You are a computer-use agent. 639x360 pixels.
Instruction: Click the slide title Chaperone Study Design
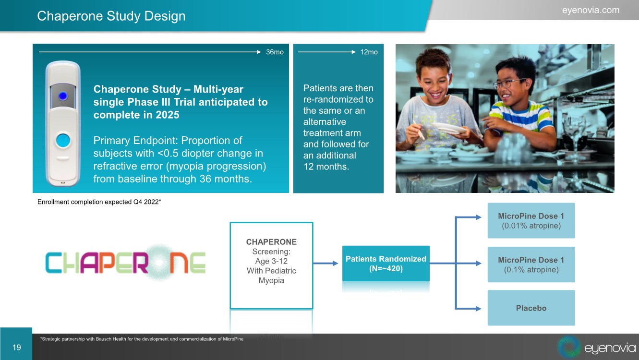click(x=111, y=16)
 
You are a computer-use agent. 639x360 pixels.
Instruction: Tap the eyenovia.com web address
click(x=591, y=10)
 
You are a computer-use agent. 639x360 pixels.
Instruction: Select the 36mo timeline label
click(x=275, y=52)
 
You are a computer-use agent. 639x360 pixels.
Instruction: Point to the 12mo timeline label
click(x=369, y=52)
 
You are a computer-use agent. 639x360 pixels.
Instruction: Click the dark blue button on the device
click(x=63, y=96)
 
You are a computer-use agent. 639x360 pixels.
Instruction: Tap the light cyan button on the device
click(x=63, y=140)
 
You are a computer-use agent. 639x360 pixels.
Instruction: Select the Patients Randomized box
click(x=386, y=264)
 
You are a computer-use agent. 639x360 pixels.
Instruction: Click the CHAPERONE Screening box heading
click(x=271, y=242)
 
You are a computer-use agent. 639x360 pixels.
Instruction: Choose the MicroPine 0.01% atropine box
click(x=531, y=220)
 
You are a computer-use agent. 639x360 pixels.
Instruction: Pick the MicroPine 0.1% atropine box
click(x=531, y=264)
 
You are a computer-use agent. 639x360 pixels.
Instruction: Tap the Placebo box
click(x=531, y=308)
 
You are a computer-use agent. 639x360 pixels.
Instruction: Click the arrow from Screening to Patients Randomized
click(x=326, y=263)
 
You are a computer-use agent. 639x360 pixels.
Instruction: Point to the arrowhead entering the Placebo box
click(x=478, y=308)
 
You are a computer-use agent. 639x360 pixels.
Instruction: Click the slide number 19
click(x=16, y=348)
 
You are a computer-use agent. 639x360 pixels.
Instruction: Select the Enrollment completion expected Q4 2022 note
click(x=99, y=202)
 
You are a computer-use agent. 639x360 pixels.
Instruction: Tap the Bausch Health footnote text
click(x=142, y=339)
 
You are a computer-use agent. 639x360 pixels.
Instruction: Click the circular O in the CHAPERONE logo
click(x=160, y=262)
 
